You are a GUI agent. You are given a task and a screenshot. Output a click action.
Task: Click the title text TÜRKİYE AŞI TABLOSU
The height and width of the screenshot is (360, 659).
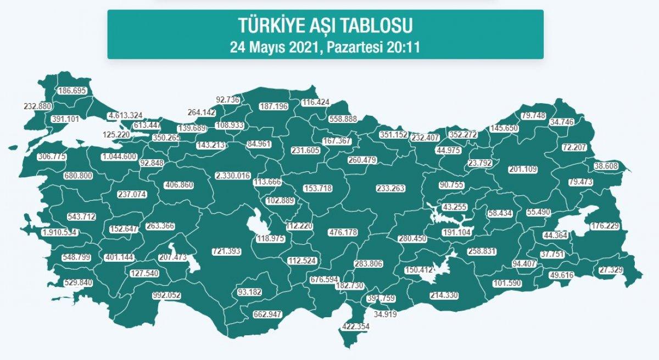click(325, 25)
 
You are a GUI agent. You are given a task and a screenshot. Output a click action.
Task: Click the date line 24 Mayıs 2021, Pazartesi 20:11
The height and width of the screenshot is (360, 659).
click(325, 47)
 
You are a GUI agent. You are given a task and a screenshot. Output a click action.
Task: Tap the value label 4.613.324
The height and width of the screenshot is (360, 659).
click(126, 115)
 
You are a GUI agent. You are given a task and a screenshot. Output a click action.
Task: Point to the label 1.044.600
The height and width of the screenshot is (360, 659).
click(119, 156)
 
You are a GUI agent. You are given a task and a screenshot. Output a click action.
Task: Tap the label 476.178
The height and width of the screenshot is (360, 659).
click(343, 232)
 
